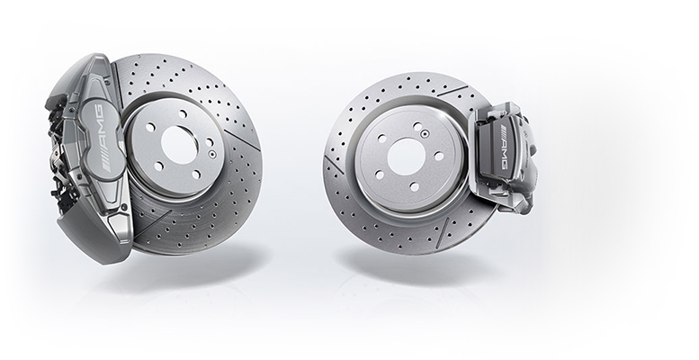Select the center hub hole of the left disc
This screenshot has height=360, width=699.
(180, 145)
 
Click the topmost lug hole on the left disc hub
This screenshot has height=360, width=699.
(183, 114)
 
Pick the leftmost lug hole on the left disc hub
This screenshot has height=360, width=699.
(150, 127)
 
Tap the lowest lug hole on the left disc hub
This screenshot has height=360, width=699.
(195, 175)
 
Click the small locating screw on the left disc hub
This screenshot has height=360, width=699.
(211, 154)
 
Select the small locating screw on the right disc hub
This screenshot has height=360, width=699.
(425, 132)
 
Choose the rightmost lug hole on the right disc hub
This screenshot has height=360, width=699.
(439, 156)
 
